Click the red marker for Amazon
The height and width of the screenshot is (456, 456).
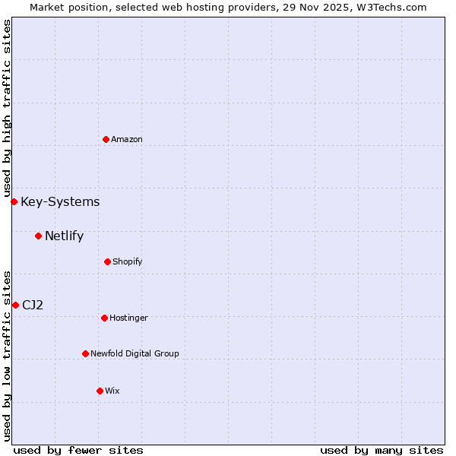(106, 139)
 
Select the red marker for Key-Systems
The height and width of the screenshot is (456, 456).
(14, 201)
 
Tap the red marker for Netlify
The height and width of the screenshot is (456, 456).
(38, 236)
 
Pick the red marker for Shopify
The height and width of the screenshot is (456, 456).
(107, 261)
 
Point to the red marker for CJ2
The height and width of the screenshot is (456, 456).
(15, 305)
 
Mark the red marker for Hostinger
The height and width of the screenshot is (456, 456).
(104, 318)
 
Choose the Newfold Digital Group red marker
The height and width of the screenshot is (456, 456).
(85, 353)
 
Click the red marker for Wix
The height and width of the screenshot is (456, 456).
(100, 391)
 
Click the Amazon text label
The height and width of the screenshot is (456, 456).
(127, 139)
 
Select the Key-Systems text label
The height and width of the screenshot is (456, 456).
(60, 201)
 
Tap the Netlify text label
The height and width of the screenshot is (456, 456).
(64, 236)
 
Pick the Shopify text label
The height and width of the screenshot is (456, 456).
(128, 261)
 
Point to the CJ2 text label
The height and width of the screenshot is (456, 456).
(33, 305)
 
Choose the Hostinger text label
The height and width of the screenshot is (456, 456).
(128, 318)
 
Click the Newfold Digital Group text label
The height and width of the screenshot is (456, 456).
(135, 353)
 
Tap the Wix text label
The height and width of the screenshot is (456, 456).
(112, 391)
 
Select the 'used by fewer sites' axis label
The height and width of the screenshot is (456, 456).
(78, 450)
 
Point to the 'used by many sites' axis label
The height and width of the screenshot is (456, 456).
(382, 450)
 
